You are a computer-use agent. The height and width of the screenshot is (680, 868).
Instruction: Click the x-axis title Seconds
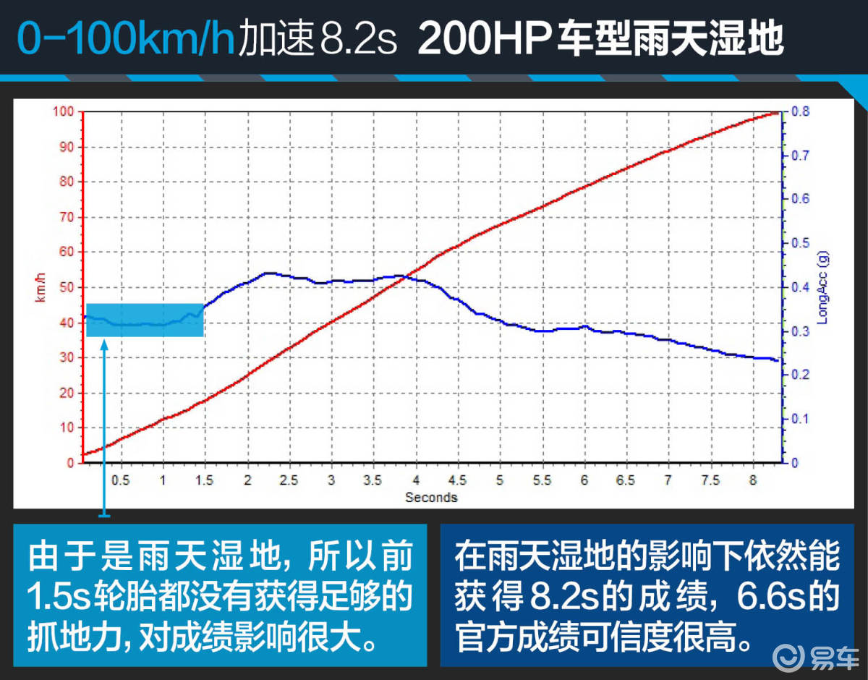click(431, 497)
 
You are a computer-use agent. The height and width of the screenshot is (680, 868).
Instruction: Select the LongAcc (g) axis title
click(823, 286)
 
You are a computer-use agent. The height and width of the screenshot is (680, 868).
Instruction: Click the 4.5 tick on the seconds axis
click(457, 480)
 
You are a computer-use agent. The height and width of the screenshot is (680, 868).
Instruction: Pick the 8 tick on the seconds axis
click(753, 480)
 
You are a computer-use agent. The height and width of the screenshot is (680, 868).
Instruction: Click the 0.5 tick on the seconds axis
click(120, 480)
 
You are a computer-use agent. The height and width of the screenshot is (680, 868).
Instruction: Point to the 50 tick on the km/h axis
click(67, 287)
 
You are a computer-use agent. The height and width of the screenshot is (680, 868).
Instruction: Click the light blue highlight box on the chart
click(145, 320)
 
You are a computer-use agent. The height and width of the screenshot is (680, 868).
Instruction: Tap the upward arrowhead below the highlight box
click(104, 345)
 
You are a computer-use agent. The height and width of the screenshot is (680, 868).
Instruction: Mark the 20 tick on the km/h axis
click(67, 393)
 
